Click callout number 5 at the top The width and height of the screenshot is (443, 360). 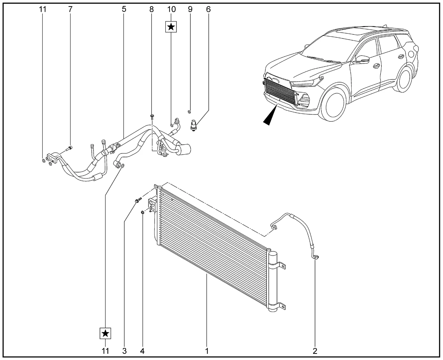[124, 9]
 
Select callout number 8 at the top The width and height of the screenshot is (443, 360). [152, 9]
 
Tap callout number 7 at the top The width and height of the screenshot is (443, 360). [71, 9]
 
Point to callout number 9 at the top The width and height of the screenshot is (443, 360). [190, 9]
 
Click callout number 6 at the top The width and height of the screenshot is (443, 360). [208, 9]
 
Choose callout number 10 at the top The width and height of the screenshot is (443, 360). [171, 9]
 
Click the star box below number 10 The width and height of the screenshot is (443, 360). [171, 27]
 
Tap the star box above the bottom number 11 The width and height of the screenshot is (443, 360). [106, 334]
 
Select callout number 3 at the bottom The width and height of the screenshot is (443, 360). [124, 351]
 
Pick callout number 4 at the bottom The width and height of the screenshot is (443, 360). [142, 351]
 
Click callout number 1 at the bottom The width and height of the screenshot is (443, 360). [207, 351]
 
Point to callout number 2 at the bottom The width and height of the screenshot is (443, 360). [315, 351]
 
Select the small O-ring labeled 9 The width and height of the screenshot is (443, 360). [189, 111]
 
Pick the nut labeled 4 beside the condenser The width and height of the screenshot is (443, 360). [143, 212]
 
